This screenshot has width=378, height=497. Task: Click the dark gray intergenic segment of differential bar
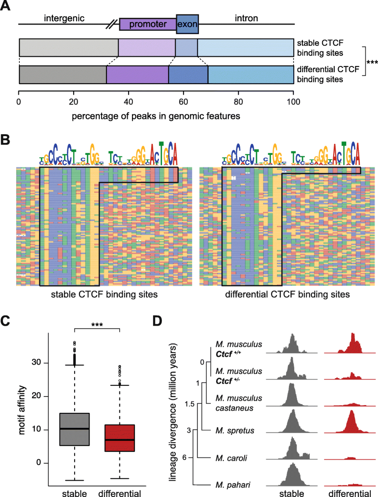(63, 76)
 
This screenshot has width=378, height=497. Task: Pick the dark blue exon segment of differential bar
(188, 76)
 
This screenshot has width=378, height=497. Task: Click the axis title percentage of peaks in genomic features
(156, 115)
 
